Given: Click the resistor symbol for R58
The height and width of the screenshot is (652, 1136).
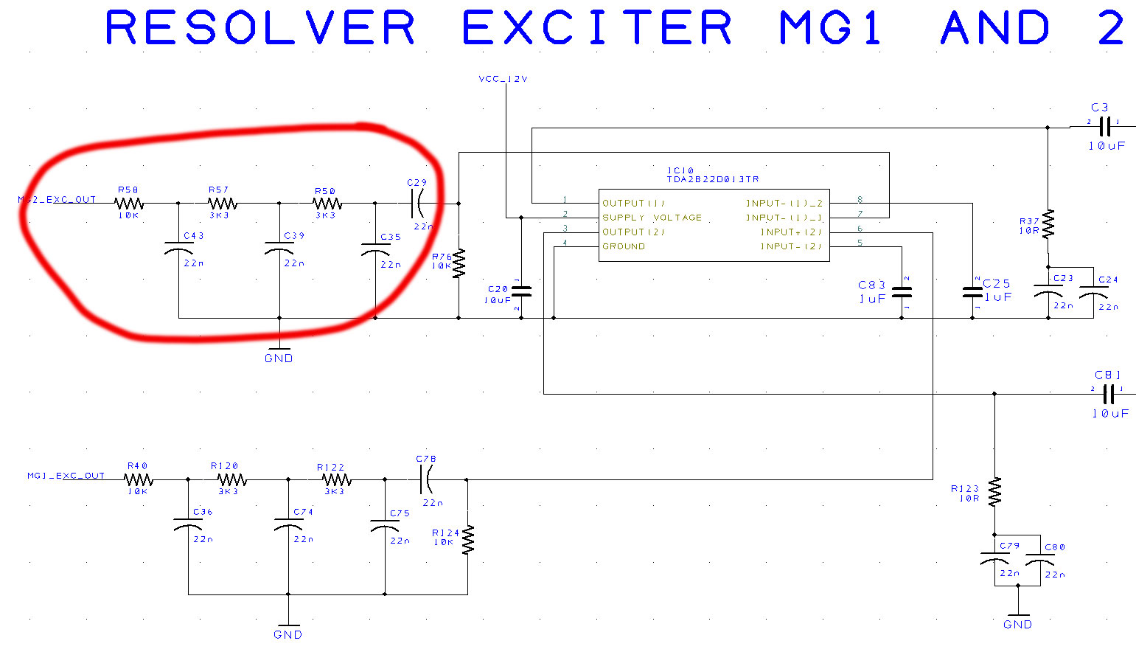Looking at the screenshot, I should [x=128, y=203].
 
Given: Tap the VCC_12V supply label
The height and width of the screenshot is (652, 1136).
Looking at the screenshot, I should [x=503, y=79].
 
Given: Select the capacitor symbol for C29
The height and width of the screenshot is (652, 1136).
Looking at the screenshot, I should [x=417, y=203].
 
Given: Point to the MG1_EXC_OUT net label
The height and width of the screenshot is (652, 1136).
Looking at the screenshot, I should [x=66, y=476].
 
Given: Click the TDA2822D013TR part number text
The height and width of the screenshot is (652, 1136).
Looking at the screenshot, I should [x=712, y=179].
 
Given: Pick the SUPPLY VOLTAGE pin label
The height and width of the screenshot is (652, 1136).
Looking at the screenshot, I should [x=652, y=218].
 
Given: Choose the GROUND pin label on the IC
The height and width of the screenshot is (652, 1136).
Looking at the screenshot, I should [x=624, y=246].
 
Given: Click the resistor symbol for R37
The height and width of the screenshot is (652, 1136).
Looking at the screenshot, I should [x=1048, y=223].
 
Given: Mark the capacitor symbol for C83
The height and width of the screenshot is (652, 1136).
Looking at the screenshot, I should [x=902, y=292].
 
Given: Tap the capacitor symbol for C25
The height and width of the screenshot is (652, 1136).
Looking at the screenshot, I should [x=972, y=292].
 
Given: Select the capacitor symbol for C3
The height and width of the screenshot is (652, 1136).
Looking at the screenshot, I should [x=1104, y=126].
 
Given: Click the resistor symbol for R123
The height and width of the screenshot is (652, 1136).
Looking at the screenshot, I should [x=994, y=491].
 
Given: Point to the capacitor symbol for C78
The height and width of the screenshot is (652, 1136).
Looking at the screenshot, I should [x=426, y=479].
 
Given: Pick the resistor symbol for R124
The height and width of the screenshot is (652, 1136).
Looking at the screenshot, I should [x=467, y=539].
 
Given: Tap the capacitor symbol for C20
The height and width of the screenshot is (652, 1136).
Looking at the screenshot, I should [x=521, y=292].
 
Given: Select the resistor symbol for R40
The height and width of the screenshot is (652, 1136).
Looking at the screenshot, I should [x=138, y=479].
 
